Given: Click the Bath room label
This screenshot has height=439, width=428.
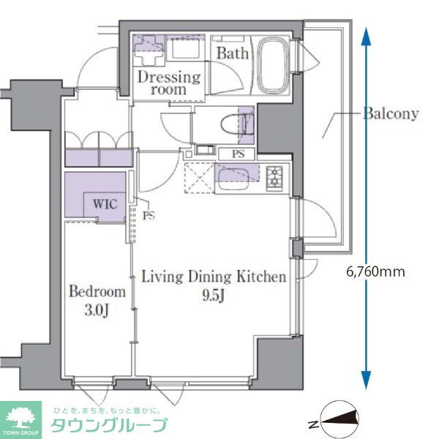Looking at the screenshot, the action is point(233,53).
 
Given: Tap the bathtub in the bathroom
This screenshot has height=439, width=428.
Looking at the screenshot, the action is point(273,65).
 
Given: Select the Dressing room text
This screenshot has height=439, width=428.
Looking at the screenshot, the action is point(169,83).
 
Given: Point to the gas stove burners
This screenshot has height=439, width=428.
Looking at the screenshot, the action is point(274,177).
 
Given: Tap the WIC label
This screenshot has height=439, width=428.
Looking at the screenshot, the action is point(105,204).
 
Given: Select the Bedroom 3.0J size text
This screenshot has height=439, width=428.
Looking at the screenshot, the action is point(97,310).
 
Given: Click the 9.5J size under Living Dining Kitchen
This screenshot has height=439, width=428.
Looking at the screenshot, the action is point(213,295).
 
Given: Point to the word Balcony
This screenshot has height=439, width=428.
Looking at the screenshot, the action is point(391,113).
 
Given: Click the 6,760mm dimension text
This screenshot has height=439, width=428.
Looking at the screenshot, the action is point(375,271).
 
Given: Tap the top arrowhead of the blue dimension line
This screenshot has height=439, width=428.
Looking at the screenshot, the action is point(366,36).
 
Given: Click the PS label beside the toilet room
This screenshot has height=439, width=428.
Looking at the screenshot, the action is point(238,154).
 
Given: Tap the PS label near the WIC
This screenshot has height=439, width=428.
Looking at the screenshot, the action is point(149,216).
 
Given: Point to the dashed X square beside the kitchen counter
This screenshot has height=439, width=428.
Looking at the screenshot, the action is point(199,178).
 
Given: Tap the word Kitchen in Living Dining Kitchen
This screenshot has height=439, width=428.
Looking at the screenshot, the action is point(261,277).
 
